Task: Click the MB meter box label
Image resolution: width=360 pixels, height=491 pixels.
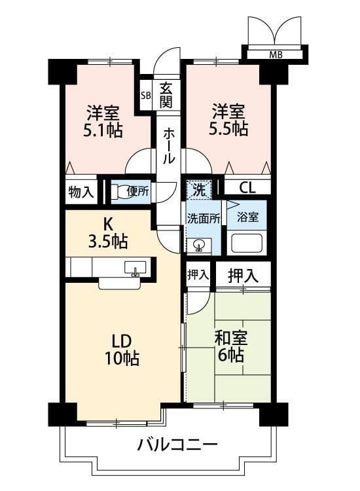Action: (x=276, y=55)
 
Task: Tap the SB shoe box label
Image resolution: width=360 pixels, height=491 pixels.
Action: (x=145, y=96)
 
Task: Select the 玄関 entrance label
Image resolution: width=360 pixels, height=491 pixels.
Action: (x=166, y=96)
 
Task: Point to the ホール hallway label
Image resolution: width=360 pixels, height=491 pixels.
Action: (x=168, y=145)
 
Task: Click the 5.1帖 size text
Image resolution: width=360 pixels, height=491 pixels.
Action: (x=102, y=130)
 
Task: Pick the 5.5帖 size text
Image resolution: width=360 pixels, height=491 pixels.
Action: (x=228, y=128)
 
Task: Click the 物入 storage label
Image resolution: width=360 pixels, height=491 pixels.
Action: (x=81, y=192)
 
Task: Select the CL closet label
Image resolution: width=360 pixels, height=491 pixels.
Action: (x=247, y=188)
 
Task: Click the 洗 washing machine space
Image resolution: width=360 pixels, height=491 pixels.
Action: (x=199, y=190)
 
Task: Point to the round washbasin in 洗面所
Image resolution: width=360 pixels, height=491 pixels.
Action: (x=198, y=245)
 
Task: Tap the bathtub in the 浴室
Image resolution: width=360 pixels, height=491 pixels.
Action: (x=246, y=244)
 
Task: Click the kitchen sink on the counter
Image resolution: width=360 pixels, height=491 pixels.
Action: (x=135, y=268)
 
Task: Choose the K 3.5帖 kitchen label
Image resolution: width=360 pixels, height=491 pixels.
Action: (x=108, y=234)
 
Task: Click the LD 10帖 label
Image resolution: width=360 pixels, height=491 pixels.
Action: (x=122, y=350)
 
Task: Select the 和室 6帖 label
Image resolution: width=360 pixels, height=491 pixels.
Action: (x=230, y=346)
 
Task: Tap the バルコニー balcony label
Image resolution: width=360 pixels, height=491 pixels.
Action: (x=177, y=445)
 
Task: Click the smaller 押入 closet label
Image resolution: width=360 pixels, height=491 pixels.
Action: (x=198, y=274)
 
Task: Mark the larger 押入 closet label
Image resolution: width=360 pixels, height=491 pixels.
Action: (x=243, y=276)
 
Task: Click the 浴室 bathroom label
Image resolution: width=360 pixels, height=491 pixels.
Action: (x=247, y=217)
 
